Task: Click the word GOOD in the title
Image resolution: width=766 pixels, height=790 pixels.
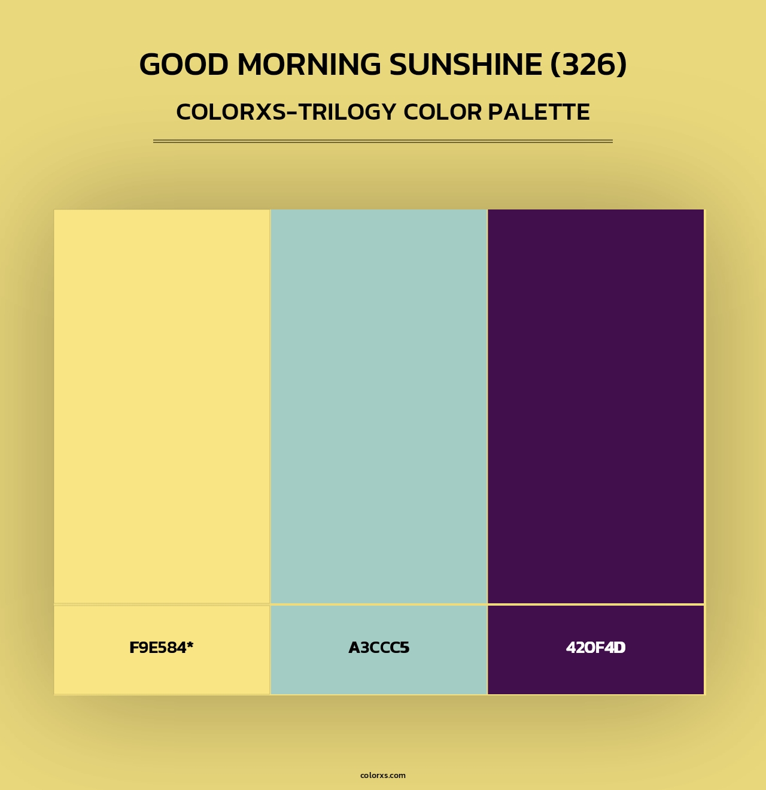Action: pyautogui.click(x=184, y=65)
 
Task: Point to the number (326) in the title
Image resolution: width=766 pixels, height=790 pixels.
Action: pyautogui.click(x=588, y=65)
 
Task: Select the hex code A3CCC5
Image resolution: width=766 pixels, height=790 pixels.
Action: pyautogui.click(x=379, y=648)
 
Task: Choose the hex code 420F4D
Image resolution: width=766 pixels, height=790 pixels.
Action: pyautogui.click(x=595, y=648)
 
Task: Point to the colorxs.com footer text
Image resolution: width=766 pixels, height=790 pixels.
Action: pyautogui.click(x=383, y=775)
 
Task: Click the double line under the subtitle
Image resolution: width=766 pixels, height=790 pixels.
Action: pyautogui.click(x=383, y=141)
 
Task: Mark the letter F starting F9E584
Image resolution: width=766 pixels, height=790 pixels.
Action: pyautogui.click(x=133, y=648)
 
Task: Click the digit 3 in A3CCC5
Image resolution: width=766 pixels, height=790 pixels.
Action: pyautogui.click(x=363, y=648)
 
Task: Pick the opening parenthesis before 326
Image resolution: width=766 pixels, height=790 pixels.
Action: pyautogui.click(x=555, y=65)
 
